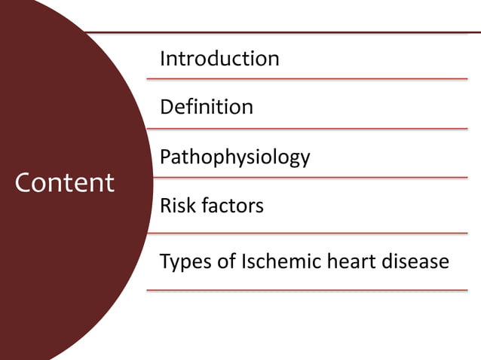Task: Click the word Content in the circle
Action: (x=65, y=182)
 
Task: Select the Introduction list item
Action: (x=219, y=58)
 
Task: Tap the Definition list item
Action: (x=207, y=107)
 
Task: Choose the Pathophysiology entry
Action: (x=234, y=157)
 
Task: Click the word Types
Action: (x=182, y=262)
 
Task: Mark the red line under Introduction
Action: (x=306, y=78)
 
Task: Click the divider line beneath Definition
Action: (x=306, y=129)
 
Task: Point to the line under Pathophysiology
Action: (x=306, y=178)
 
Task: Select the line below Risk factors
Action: (x=306, y=233)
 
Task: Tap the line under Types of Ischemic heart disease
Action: (x=306, y=290)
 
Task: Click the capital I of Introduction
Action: (x=163, y=58)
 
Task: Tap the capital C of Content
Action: (x=25, y=182)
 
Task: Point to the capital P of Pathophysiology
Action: (x=166, y=157)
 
